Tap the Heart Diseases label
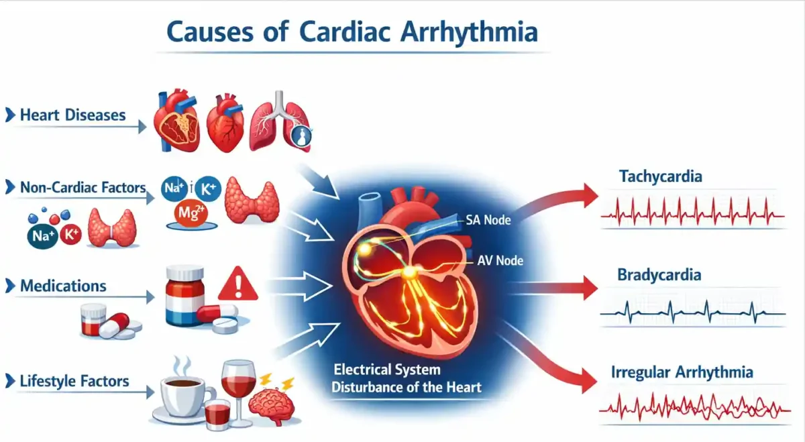pyautogui.click(x=72, y=115)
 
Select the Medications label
pyautogui.click(x=63, y=286)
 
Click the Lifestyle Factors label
pyautogui.click(x=74, y=381)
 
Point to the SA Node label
pyautogui.click(x=488, y=220)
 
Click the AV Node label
pyautogui.click(x=500, y=260)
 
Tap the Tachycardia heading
pyautogui.click(x=661, y=176)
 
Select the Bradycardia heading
pyautogui.click(x=659, y=275)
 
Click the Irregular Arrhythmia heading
pyautogui.click(x=682, y=372)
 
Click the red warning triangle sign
pyautogui.click(x=238, y=284)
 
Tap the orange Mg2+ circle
pyautogui.click(x=191, y=213)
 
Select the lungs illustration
pyautogui.click(x=280, y=121)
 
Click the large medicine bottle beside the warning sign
pyautogui.click(x=184, y=295)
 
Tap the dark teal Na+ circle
pyautogui.click(x=43, y=235)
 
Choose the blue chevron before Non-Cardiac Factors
pyautogui.click(x=11, y=187)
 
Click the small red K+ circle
pyautogui.click(x=71, y=234)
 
